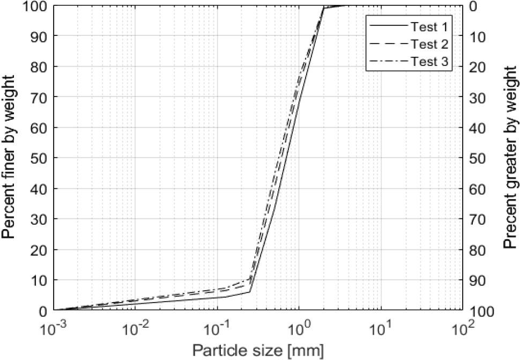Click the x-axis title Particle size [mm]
click(x=258, y=351)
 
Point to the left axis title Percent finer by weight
click(x=10, y=157)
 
